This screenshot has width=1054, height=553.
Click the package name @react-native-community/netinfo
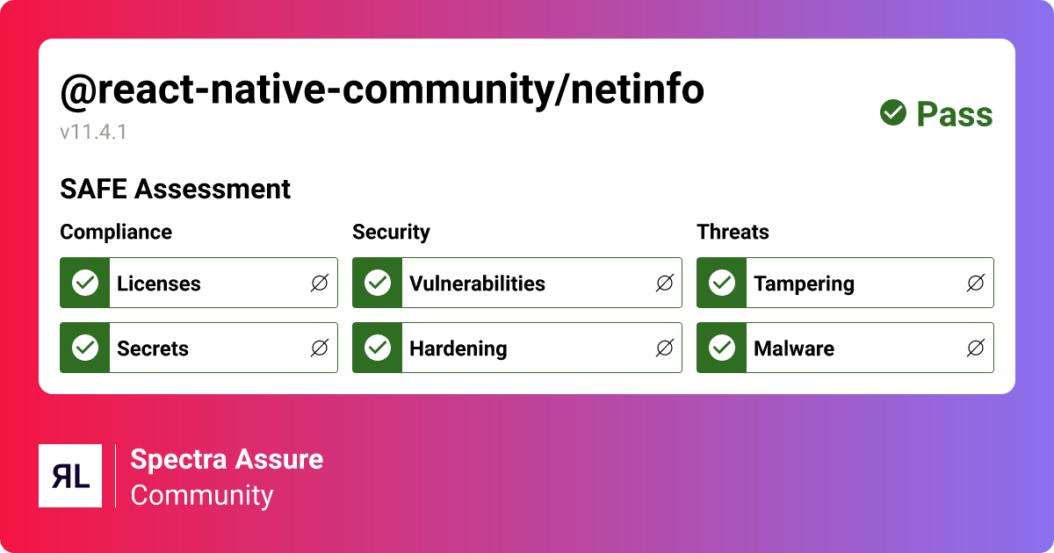pos(381,90)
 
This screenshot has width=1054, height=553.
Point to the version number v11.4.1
pos(94,133)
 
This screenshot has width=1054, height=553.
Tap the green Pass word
pos(955,114)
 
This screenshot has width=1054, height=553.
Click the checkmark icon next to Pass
pos(893,112)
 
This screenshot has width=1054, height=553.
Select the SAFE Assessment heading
pos(175,189)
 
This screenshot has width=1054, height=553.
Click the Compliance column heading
pos(116,232)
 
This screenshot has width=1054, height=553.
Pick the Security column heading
pos(391,232)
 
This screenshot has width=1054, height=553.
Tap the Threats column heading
pos(733,232)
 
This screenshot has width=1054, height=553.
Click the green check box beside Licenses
pos(85,283)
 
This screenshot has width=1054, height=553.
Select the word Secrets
pos(153,348)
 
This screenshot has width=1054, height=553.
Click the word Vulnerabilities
pos(477,284)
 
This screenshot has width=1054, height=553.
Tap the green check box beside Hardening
pos(378,348)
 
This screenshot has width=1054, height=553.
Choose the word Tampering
pos(804,284)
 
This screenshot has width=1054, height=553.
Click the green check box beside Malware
pos(722,348)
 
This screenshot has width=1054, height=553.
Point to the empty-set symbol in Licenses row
pos(320,283)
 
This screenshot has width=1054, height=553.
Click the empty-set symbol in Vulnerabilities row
pos(665,283)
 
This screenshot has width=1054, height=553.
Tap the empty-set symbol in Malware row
pos(976,348)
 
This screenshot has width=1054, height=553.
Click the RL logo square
pos(70,476)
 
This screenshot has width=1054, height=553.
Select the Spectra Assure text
pos(227,459)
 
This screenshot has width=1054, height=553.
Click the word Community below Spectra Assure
pos(202,495)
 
